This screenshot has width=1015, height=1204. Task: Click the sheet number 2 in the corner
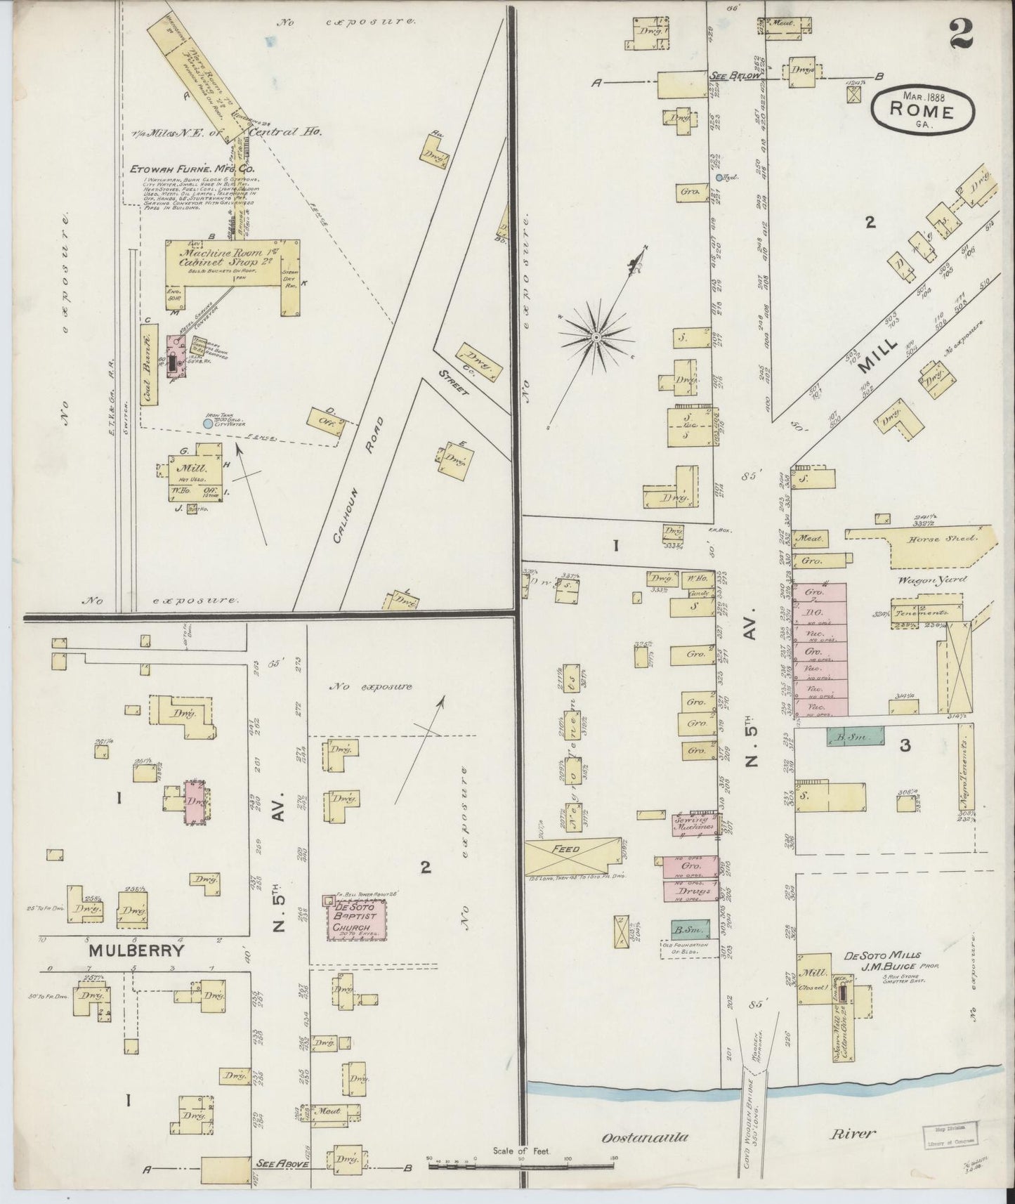pyautogui.click(x=960, y=34)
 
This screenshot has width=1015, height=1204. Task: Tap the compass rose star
pyautogui.click(x=596, y=337)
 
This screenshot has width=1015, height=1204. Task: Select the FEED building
pyautogui.click(x=565, y=856)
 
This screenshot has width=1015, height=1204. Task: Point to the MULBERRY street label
pyautogui.click(x=136, y=951)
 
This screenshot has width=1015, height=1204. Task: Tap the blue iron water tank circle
pyautogui.click(x=207, y=424)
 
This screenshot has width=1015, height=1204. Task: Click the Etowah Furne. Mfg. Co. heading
pyautogui.click(x=192, y=169)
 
